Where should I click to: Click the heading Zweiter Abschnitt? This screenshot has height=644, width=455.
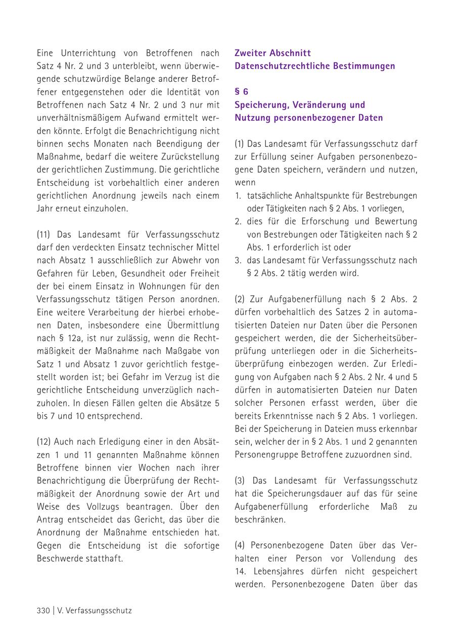click(x=272, y=53)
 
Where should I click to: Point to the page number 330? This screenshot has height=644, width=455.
click(x=43, y=610)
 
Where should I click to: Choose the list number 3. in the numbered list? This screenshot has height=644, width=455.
click(x=238, y=260)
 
